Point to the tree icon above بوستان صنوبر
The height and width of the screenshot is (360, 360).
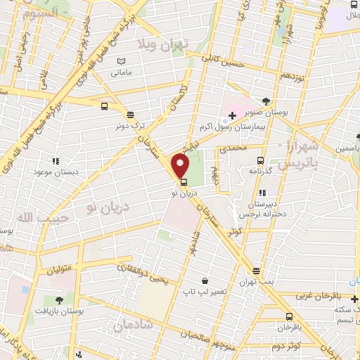(x=265, y=101)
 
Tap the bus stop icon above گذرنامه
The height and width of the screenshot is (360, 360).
(x=260, y=160)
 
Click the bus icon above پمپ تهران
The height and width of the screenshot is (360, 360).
(x=256, y=271)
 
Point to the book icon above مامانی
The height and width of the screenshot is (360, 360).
(x=122, y=62)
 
